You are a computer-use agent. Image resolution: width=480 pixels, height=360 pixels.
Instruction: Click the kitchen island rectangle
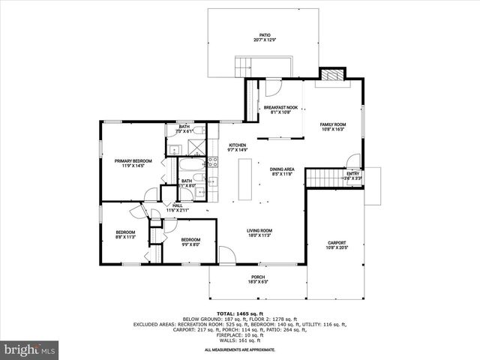pyautogui.click(x=244, y=178)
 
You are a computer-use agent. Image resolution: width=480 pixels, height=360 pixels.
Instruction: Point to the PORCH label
pyautogui.click(x=257, y=280)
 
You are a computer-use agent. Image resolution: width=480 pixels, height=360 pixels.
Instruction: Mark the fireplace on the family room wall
pyautogui.click(x=331, y=74)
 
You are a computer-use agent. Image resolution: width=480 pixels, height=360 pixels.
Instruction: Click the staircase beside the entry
pyautogui.click(x=324, y=178)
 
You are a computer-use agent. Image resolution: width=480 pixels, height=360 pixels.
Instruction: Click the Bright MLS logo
pyautogui.click(x=30, y=349)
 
